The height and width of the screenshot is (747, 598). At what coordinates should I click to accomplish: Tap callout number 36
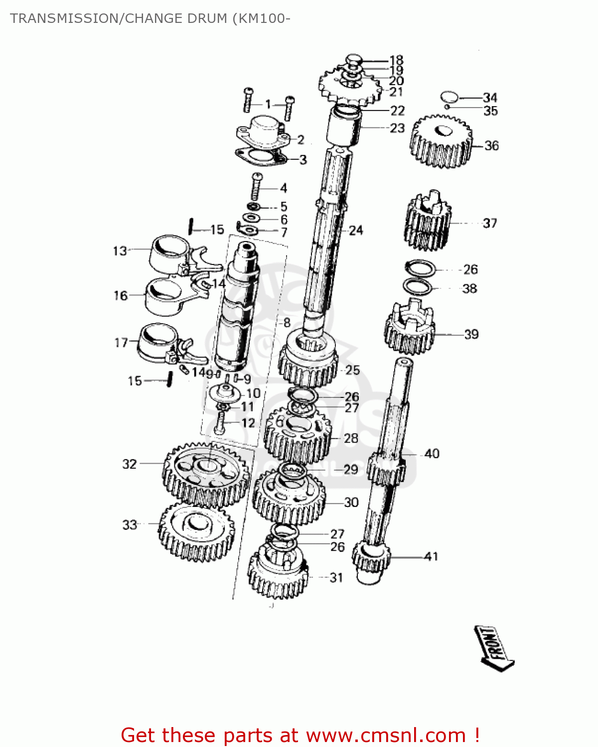(491, 146)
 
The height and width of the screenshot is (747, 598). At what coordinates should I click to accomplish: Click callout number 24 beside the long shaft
(356, 231)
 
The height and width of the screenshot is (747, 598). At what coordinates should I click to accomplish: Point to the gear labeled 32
(206, 474)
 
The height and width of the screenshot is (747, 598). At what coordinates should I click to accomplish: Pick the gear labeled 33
(196, 531)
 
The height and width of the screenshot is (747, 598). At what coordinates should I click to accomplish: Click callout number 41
(431, 556)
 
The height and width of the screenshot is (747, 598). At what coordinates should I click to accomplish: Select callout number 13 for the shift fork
(120, 251)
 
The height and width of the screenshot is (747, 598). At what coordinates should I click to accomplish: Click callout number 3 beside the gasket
(303, 160)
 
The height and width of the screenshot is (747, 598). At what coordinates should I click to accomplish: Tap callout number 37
(490, 223)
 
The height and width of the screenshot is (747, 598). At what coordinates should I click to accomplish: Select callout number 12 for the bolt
(248, 423)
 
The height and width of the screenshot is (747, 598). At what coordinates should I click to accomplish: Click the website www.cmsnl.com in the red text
(386, 736)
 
